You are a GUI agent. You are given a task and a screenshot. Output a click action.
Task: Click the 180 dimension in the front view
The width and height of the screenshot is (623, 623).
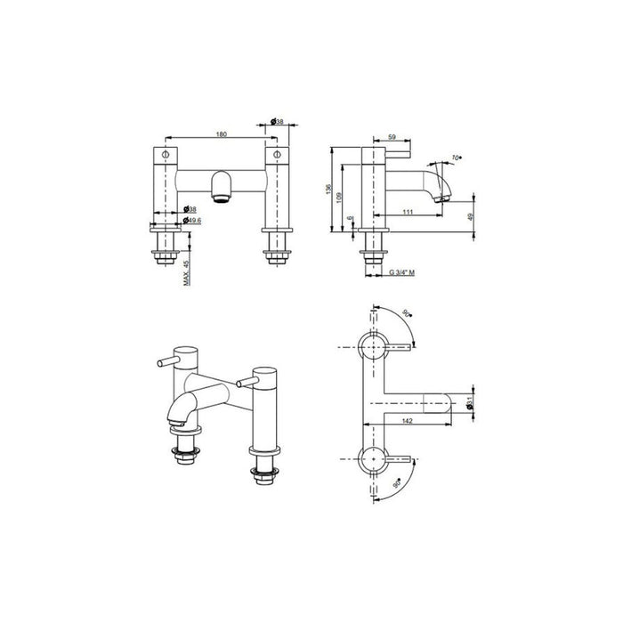pyautogui.click(x=222, y=134)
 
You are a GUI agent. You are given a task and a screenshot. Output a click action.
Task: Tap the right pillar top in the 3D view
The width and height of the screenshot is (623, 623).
pyautogui.click(x=265, y=369)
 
